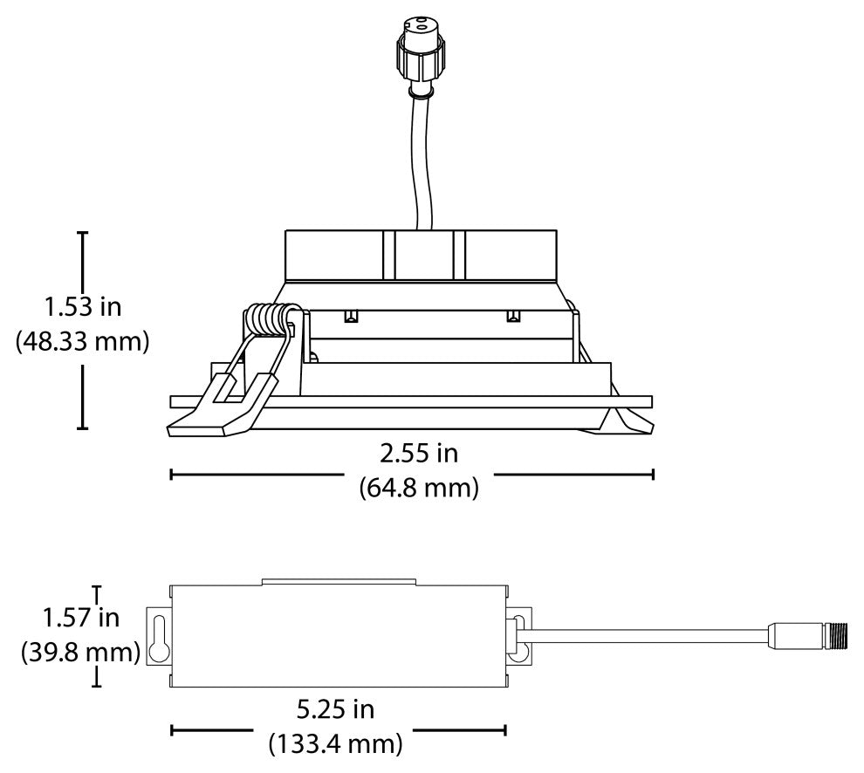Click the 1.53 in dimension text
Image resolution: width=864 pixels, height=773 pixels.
click(83, 306)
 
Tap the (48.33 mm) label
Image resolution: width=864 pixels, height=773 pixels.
click(82, 342)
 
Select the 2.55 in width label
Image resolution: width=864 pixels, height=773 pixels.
click(419, 454)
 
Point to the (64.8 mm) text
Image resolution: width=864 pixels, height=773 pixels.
click(419, 489)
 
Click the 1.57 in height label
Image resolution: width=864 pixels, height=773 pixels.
click(81, 617)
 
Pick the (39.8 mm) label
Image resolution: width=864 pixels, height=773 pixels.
click(80, 653)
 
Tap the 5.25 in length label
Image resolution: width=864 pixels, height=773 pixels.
click(336, 709)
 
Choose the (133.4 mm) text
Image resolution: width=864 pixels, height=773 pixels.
click(336, 744)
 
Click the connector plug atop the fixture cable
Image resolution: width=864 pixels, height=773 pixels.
click(422, 52)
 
